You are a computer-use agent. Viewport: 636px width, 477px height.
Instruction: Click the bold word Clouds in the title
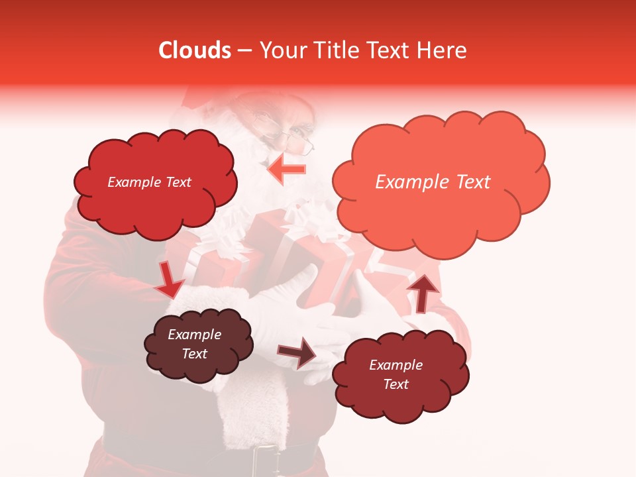pos(195,50)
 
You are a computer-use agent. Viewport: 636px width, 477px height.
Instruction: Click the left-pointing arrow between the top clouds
pos(287,170)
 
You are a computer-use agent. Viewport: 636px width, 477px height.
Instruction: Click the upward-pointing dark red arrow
pos(423,292)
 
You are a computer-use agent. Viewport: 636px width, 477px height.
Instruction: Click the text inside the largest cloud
pos(433,182)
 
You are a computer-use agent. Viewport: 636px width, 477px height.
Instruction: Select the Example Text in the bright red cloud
pos(149,182)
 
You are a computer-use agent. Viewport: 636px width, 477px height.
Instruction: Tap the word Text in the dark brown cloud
pos(195,354)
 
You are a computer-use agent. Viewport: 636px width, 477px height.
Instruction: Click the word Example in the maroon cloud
pos(396,365)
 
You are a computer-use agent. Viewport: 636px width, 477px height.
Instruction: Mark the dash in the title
pos(244,51)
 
